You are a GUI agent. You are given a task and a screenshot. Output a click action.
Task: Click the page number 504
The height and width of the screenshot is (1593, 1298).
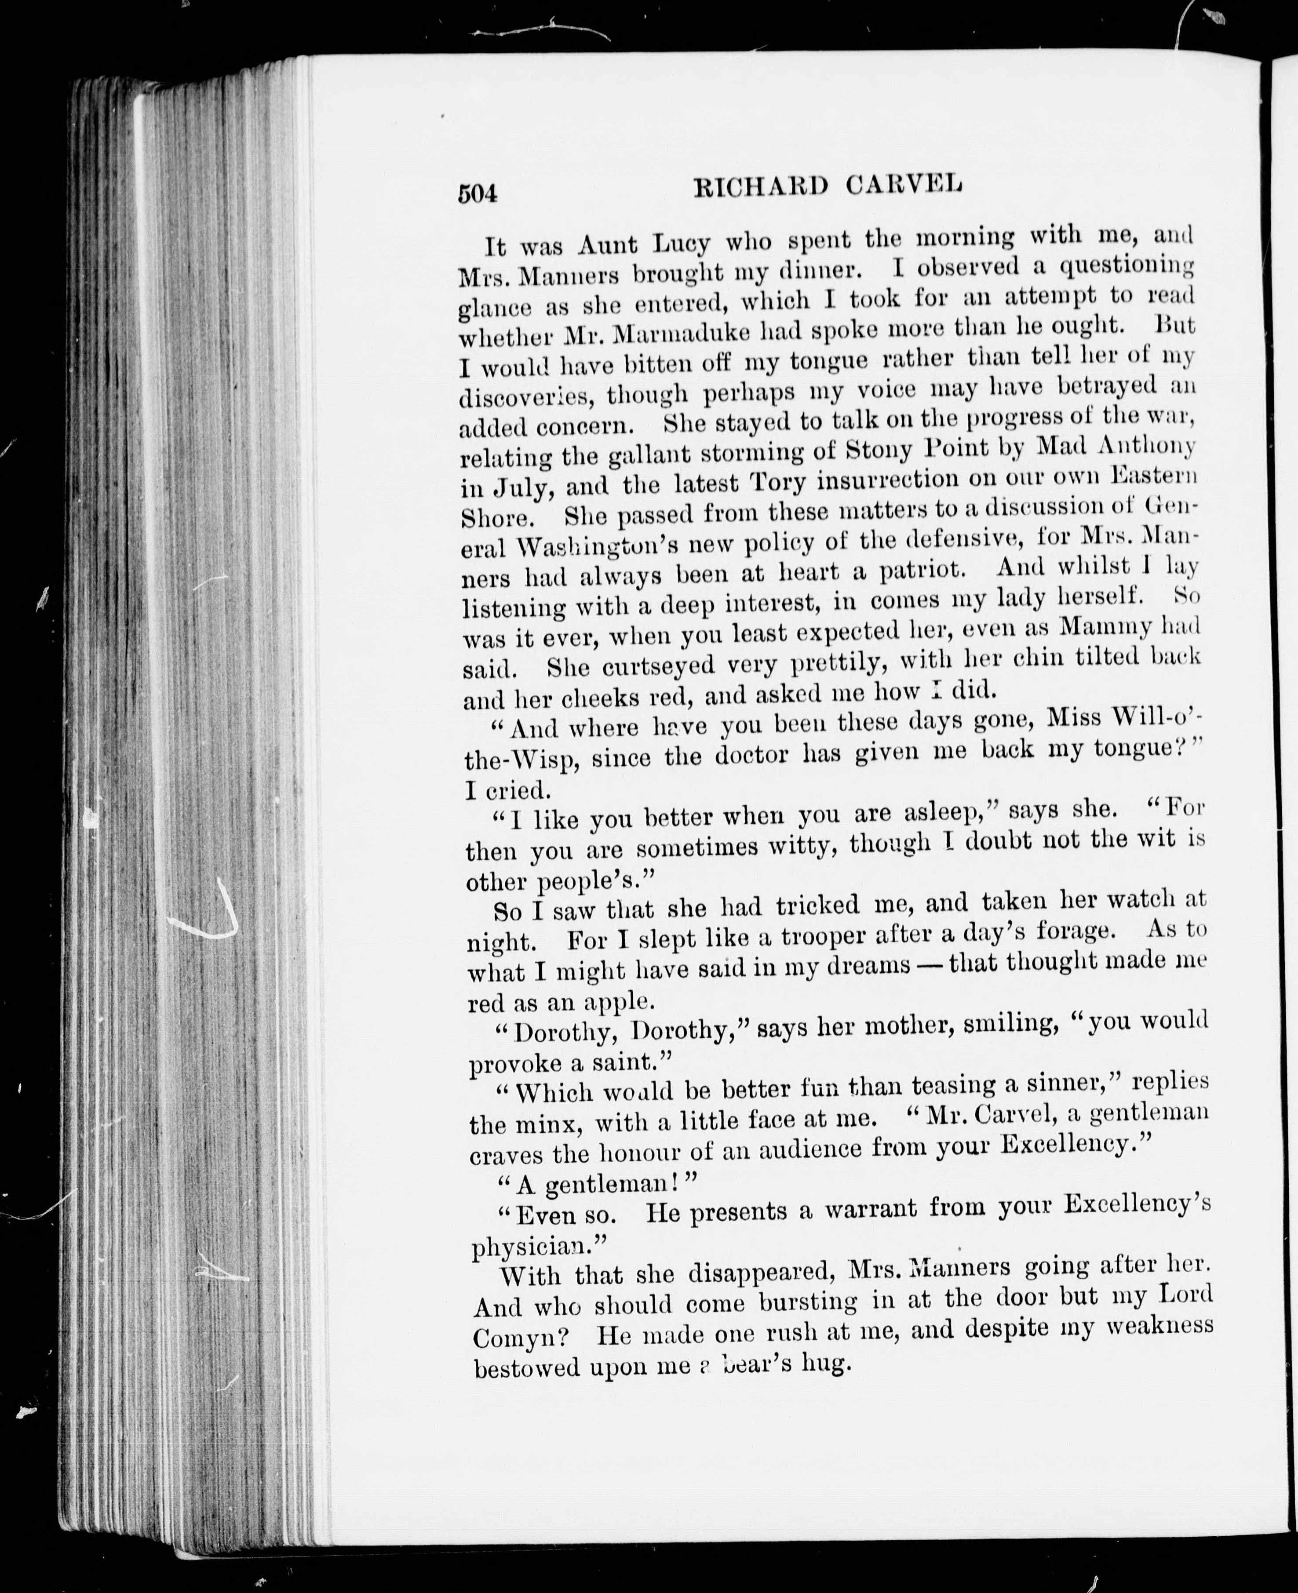click(x=477, y=193)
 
